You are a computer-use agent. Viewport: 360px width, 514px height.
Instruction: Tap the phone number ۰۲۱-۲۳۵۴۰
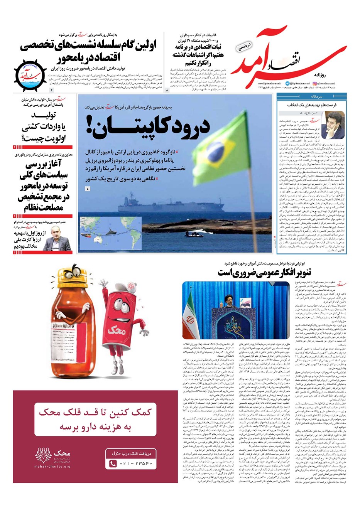136,463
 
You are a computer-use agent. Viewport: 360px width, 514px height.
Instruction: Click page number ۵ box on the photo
88,189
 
